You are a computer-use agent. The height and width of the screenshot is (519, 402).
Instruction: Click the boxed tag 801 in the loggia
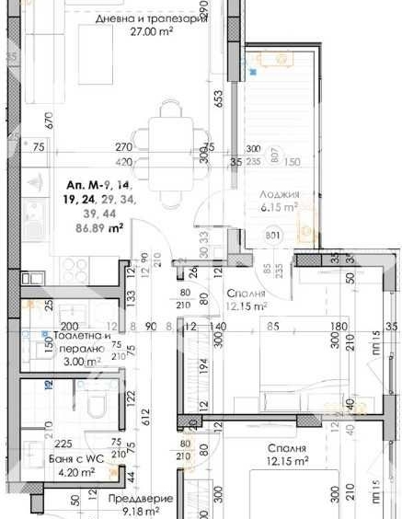coord(273,234)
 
